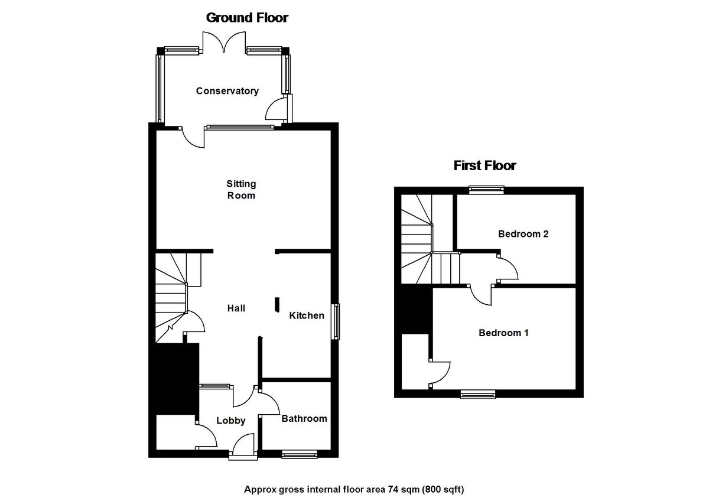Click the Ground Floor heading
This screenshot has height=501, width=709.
[x=247, y=18]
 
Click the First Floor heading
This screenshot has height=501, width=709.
[x=484, y=165]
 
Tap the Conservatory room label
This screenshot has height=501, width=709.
[x=227, y=91]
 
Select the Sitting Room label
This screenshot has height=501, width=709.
[x=241, y=190]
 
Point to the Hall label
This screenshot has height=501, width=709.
[x=236, y=308]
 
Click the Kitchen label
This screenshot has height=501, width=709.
[x=306, y=315]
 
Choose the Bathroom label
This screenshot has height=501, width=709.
[x=304, y=418]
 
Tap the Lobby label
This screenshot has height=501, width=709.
[x=230, y=421]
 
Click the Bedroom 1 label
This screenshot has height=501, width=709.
[x=503, y=333]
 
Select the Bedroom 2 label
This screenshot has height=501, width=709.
[x=523, y=234]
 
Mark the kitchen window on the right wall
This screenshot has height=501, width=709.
[x=336, y=321]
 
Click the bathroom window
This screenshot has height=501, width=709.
[x=299, y=454]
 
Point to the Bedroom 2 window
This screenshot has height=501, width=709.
[x=486, y=190]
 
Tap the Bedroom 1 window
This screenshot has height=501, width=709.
[x=478, y=394]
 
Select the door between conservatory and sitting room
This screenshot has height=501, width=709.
[x=193, y=137]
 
